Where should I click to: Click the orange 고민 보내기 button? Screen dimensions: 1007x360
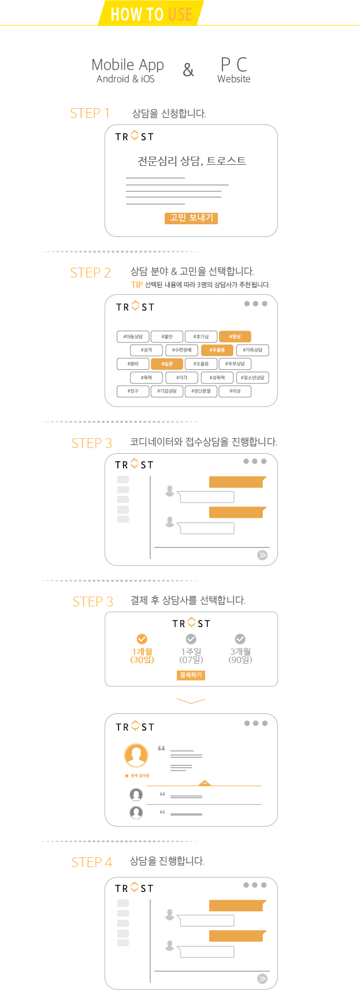191,218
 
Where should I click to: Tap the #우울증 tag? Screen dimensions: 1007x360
217,350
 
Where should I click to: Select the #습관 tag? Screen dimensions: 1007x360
167,364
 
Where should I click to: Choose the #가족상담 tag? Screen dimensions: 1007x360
253,350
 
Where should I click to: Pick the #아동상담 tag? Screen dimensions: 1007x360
133,336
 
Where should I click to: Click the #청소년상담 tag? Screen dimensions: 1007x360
253,377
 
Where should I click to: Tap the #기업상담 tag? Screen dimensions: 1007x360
167,391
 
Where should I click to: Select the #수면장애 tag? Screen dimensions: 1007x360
181,350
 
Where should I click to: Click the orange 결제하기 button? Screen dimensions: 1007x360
191,675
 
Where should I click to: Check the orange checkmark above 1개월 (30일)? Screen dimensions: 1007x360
142,639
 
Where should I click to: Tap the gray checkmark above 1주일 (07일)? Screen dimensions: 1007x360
191,639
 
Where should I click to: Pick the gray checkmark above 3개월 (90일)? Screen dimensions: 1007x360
240,639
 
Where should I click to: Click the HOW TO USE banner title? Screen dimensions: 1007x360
151,13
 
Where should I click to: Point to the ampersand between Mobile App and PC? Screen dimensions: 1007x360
188,70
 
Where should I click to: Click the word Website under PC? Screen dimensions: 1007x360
233,79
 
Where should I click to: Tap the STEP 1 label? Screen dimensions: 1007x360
90,113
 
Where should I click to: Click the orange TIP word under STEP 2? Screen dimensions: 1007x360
136,284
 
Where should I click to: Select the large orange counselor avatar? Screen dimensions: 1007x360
136,755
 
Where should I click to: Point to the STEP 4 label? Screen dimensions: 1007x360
91,862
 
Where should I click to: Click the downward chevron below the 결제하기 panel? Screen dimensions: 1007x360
191,701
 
